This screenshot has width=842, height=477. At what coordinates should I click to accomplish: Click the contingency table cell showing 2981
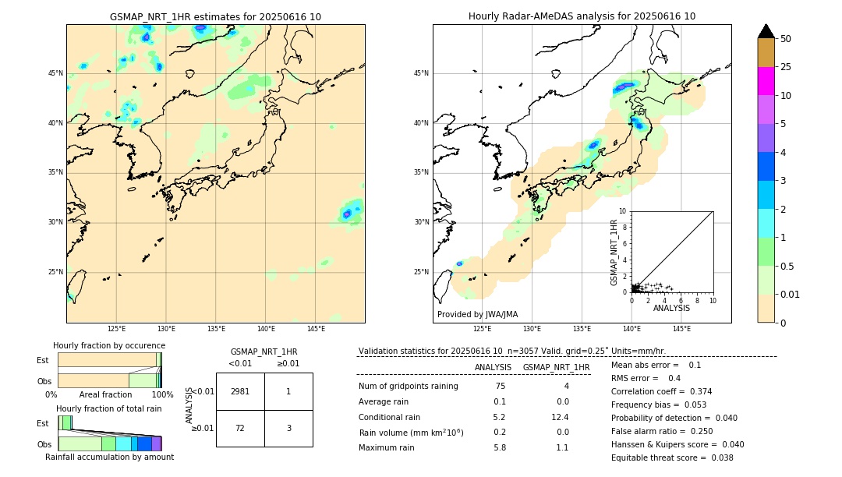point(240,391)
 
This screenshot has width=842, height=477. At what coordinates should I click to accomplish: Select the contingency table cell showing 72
point(240,428)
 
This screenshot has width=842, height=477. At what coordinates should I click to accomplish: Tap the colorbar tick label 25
point(786,67)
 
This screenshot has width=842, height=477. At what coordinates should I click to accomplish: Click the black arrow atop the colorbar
point(766,31)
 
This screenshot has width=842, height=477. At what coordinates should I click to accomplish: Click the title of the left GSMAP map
point(215,16)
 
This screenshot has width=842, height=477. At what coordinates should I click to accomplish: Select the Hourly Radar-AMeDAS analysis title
point(582,16)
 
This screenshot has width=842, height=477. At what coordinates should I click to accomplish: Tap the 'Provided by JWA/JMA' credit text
point(477,315)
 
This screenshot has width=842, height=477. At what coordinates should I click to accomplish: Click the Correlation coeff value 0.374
point(695,391)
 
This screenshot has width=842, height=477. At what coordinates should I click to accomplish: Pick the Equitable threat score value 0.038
point(717,458)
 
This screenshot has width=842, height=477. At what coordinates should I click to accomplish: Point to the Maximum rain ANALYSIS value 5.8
point(499,447)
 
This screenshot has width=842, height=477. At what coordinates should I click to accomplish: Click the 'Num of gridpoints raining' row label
point(408,387)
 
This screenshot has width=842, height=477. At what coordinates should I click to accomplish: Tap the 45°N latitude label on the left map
point(55,73)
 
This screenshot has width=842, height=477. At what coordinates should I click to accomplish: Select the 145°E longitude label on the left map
point(316,329)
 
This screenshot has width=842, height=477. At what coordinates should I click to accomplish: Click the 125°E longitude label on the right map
point(483,329)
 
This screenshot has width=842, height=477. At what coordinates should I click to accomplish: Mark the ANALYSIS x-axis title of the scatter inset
point(671,308)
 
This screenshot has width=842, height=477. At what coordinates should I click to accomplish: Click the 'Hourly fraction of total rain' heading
point(109,408)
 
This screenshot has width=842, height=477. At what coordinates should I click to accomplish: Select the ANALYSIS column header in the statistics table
point(493,367)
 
